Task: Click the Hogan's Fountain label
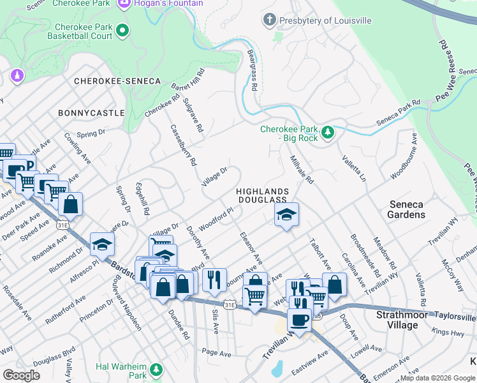168,4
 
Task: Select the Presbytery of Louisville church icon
270,20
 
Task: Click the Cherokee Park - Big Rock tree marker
328,132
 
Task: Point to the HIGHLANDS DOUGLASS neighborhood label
262,196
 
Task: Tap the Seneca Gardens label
406,209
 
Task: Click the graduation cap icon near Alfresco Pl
101,243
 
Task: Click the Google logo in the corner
21,375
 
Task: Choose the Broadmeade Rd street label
364,251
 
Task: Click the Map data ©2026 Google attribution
438,378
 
